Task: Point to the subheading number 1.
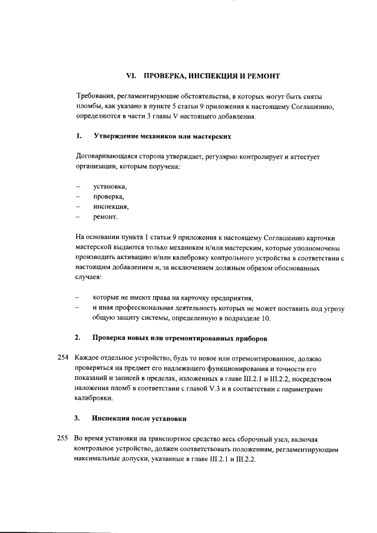78,137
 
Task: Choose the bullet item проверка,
107,197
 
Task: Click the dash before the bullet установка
78,187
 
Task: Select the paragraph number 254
62,359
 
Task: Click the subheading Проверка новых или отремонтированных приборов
179,339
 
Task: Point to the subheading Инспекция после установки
139,419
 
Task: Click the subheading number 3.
78,419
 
